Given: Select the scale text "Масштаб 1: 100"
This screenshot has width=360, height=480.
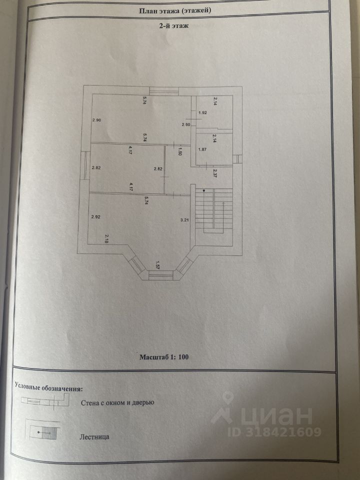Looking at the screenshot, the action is coord(164,357).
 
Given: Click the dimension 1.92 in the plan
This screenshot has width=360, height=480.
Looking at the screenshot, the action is coord(202,112).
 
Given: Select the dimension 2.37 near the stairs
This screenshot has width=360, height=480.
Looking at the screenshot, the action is coord(214,174).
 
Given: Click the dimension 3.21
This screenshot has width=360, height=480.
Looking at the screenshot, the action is coord(184,219).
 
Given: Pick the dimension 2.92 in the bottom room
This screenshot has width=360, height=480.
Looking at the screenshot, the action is coord(96,217).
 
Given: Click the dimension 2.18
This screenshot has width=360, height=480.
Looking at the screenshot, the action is coord(107,239).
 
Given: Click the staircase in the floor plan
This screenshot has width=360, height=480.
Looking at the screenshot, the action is coord(214,210).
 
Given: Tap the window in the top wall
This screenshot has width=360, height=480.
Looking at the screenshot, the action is coord(163,91).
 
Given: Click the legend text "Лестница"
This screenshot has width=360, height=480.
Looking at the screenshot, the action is coord(94,436).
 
